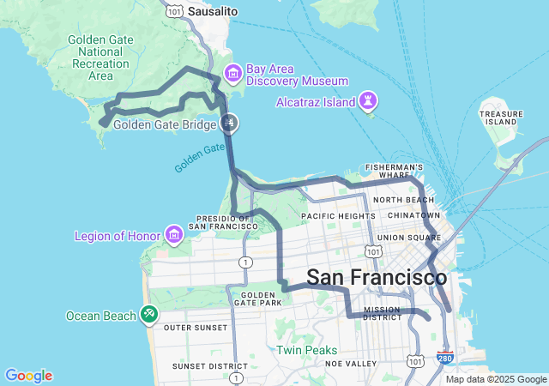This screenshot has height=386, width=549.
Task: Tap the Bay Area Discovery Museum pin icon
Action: [232, 72]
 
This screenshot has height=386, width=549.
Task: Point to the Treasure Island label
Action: [501, 118]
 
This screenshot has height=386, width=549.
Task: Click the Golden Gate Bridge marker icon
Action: [229, 124]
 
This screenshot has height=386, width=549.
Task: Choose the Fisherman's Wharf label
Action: [394, 172]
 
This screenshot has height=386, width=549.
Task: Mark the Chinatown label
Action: [413, 214]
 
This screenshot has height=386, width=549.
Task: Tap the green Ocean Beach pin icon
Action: [149, 315]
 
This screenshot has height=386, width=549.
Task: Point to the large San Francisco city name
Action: [377, 278]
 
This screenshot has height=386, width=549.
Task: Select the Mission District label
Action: [382, 315]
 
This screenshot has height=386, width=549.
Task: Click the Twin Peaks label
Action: [306, 350]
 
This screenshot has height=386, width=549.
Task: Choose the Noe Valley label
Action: [352, 364]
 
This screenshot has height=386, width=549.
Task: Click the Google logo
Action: [28, 376]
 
